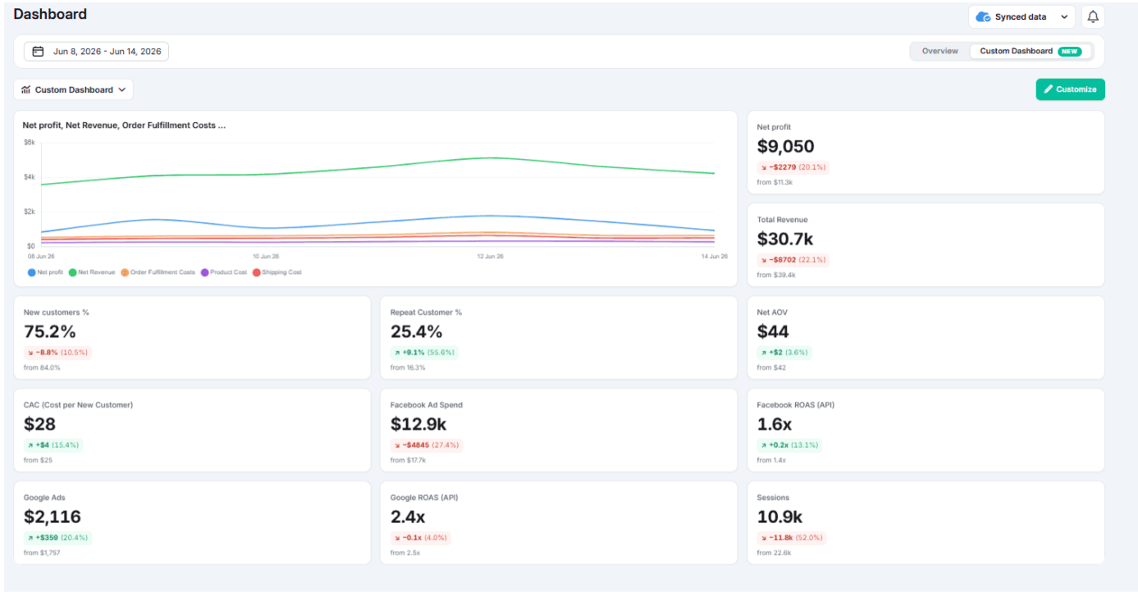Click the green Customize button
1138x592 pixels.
click(x=1071, y=89)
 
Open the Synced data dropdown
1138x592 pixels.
click(x=1021, y=16)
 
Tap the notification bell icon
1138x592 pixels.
click(x=1093, y=16)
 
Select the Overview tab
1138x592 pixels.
click(x=940, y=52)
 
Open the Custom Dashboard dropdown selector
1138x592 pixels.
click(x=74, y=90)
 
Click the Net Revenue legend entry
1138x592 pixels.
click(x=92, y=272)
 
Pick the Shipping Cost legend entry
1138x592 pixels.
click(x=277, y=272)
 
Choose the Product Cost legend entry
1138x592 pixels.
click(x=224, y=272)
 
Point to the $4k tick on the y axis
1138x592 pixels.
click(x=30, y=176)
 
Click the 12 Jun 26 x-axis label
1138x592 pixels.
click(x=491, y=257)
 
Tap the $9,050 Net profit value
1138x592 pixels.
click(x=785, y=146)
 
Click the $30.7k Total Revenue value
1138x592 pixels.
click(x=785, y=239)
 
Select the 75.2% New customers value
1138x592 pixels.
click(x=50, y=331)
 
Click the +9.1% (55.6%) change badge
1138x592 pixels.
click(x=424, y=353)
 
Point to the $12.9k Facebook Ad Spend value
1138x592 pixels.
click(x=418, y=424)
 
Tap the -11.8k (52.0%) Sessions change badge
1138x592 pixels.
click(x=792, y=538)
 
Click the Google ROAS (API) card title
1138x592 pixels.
click(x=424, y=498)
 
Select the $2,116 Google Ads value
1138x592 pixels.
click(x=53, y=517)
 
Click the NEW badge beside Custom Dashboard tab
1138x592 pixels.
click(x=1069, y=52)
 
